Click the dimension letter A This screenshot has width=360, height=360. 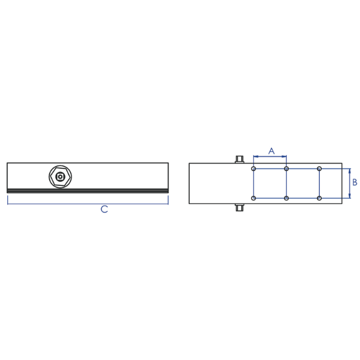click(271, 151)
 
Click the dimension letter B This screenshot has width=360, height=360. click(355, 182)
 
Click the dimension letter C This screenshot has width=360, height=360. click(104, 209)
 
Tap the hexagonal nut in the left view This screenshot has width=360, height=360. click(60, 177)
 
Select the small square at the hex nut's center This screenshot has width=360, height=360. click(60, 177)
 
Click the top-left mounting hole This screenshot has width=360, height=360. click(253, 169)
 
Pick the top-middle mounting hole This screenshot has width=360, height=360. click(286, 169)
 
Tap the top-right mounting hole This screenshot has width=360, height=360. click(319, 169)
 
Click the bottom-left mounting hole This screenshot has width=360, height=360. click(253, 198)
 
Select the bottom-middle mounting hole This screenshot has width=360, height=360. click(286, 198)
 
